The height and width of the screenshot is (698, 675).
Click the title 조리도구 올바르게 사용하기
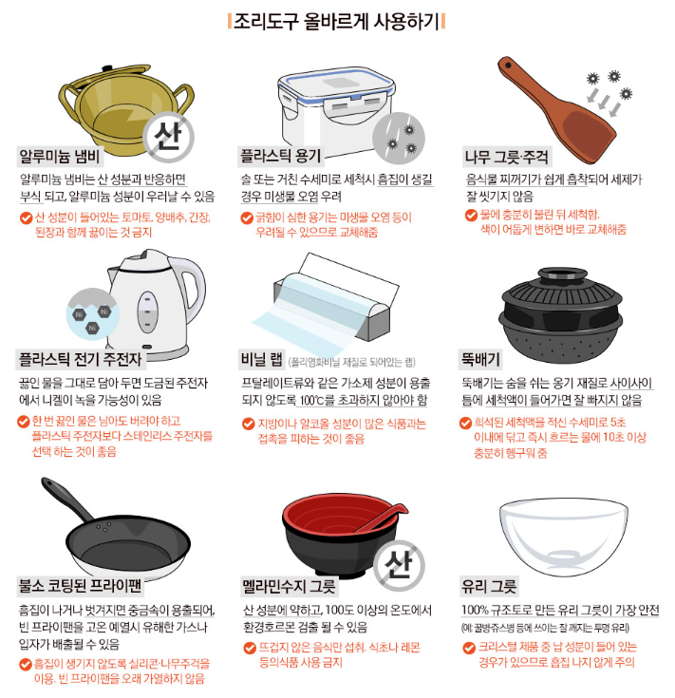tap(336, 21)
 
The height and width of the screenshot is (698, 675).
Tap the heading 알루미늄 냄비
tap(60, 157)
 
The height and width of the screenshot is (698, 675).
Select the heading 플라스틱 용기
tap(280, 156)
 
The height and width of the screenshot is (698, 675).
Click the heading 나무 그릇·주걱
tap(506, 157)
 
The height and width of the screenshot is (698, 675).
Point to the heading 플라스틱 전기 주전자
tap(80, 359)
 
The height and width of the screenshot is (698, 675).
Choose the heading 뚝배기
tap(480, 359)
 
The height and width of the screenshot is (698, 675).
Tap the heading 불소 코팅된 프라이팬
tap(80, 585)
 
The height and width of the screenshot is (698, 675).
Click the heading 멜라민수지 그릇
tap(289, 586)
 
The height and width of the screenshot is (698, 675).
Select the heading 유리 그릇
tap(489, 586)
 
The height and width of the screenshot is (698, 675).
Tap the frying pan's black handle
tap(66, 500)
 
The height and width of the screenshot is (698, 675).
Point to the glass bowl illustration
tap(564, 538)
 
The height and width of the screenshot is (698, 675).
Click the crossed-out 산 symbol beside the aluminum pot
tap(169, 136)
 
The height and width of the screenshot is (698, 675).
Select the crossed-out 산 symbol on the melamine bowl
tap(399, 565)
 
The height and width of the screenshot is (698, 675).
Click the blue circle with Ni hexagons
tap(92, 314)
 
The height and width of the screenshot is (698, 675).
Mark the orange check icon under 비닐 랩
tap(248, 424)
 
